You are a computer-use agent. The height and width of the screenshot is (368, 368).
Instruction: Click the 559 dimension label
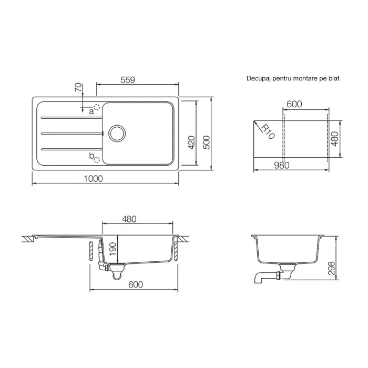coord(128,80)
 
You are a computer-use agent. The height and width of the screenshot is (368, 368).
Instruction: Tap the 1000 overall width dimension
coord(93,179)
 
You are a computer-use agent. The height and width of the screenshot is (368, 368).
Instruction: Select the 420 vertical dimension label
coord(192,142)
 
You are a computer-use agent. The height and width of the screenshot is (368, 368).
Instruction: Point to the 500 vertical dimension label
coord(206,142)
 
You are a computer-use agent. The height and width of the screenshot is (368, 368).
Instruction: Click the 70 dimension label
coord(79,87)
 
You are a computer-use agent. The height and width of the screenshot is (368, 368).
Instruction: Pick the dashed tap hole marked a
coord(97,107)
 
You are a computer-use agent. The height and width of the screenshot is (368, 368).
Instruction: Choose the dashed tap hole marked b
coord(97,160)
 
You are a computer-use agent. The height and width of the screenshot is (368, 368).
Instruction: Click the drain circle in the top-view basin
coord(117,134)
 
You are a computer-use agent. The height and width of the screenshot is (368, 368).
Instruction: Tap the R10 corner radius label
coord(268,131)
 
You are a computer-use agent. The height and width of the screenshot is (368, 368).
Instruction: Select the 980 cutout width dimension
coord(282,166)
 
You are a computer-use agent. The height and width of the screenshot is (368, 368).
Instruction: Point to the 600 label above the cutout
coord(294,104)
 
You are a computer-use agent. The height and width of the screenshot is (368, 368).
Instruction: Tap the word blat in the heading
coord(334,78)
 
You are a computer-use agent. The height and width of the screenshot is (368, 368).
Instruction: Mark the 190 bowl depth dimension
coord(113,249)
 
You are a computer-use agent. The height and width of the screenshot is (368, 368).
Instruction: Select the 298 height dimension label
coord(331,268)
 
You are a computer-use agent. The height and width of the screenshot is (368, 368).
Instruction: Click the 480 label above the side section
coord(129,219)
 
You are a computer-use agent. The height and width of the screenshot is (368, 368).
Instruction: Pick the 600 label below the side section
coord(136,285)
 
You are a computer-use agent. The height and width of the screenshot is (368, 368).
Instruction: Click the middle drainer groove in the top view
coord(72,134)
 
